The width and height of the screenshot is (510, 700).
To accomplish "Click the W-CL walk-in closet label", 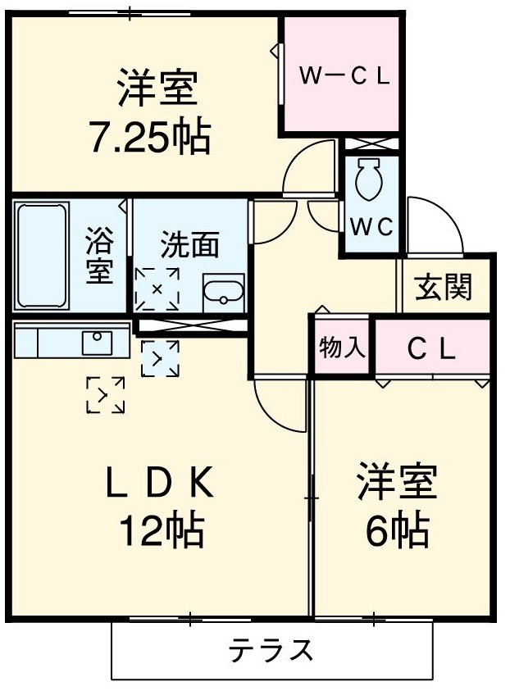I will pyautogui.click(x=343, y=75).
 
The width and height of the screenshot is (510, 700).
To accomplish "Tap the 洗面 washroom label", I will pyautogui.click(x=189, y=246).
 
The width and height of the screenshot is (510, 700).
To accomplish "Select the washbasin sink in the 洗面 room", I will pyautogui.click(x=222, y=292).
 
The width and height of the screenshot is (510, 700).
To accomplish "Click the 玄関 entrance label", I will pyautogui.click(x=444, y=287).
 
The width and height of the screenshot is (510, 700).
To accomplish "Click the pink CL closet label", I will pyautogui.click(x=432, y=349).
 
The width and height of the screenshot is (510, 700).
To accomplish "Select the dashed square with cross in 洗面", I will pyautogui.click(x=157, y=289).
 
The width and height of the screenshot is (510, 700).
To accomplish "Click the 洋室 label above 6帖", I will pyautogui.click(x=396, y=484).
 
